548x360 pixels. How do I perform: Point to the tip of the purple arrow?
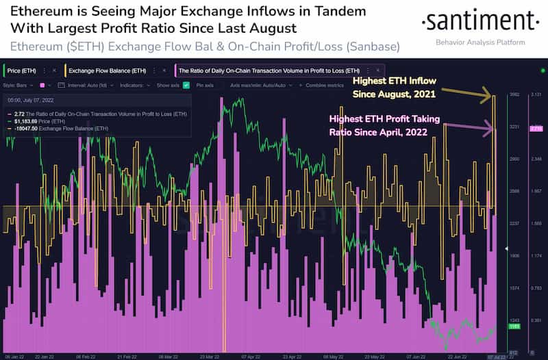point(493,127)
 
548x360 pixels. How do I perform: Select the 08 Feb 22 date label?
point(86,355)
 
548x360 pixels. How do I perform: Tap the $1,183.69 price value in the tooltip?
point(32,120)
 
